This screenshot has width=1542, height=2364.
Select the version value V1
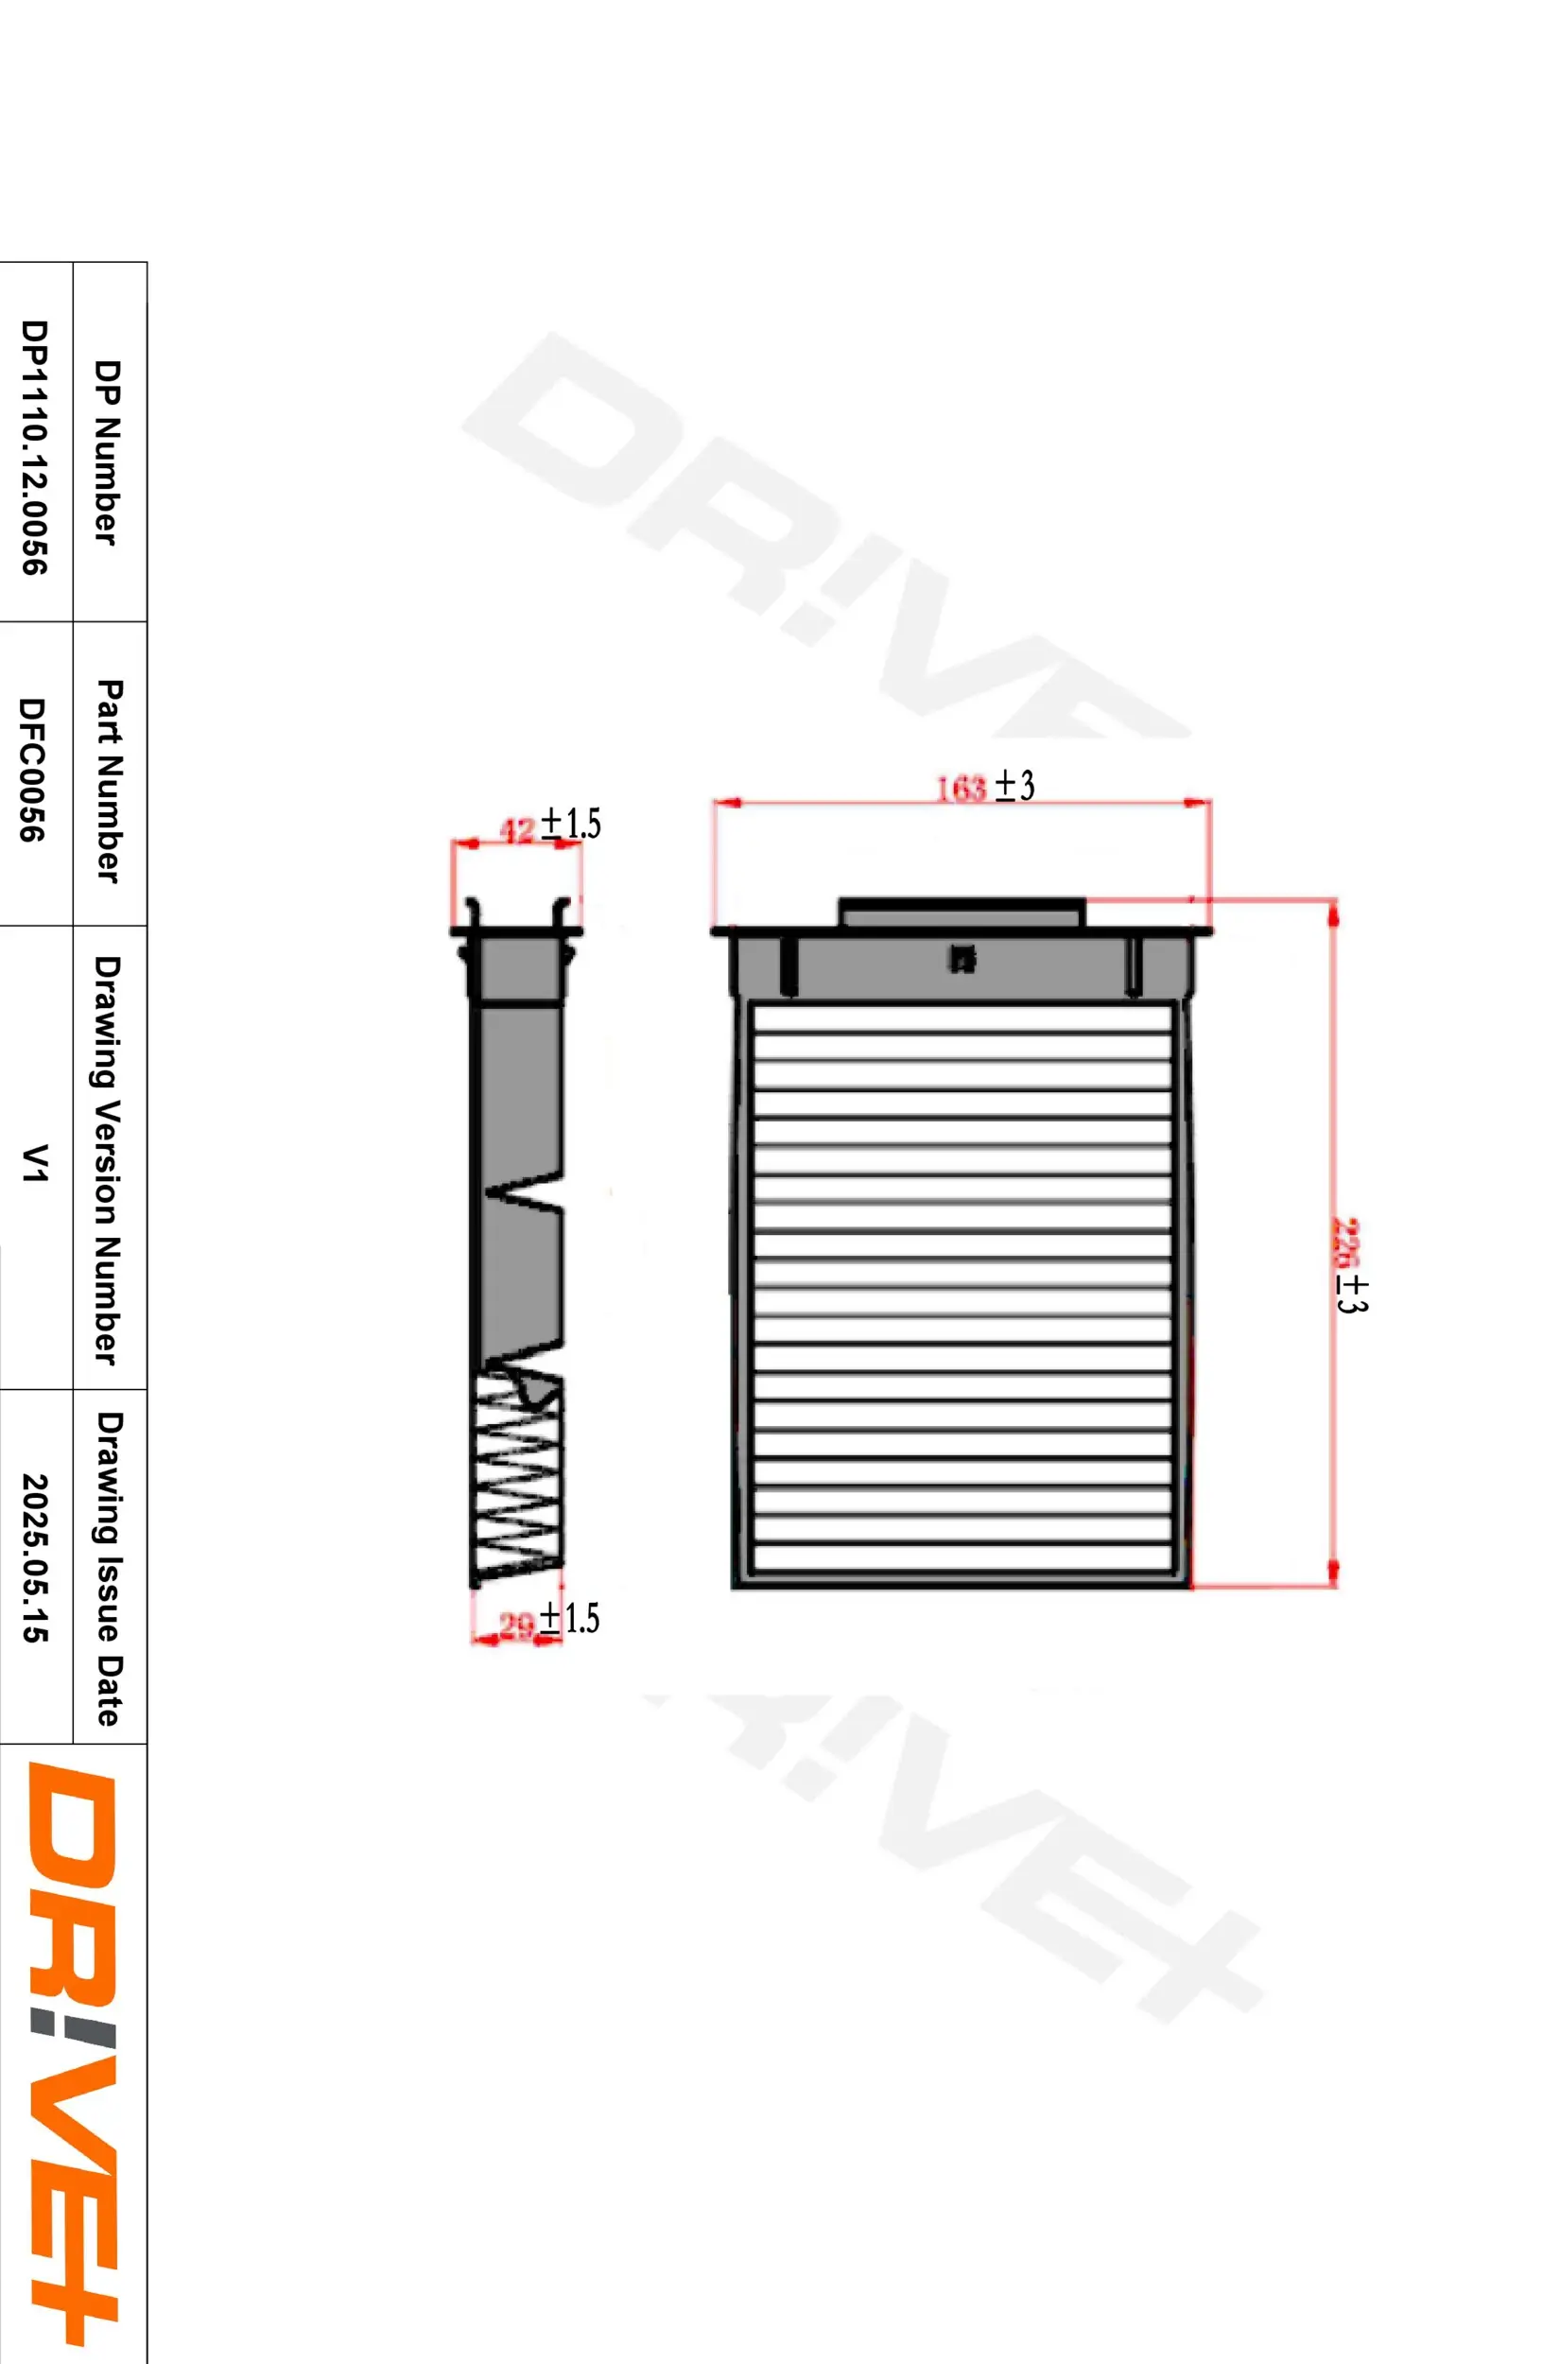[x=34, y=1162]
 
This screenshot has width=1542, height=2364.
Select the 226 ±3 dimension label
[x=1350, y=1266]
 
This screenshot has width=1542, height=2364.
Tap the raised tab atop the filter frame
[x=962, y=912]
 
